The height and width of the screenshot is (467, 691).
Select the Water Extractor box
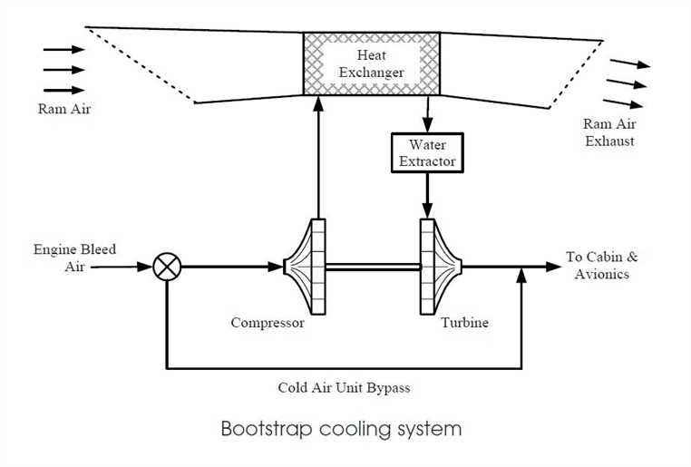point(426,153)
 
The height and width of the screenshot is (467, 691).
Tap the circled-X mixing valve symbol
point(167,268)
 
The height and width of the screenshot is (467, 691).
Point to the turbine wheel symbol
point(440,267)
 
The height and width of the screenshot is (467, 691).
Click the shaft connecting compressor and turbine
point(373,267)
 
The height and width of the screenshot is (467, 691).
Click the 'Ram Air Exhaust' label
point(608,133)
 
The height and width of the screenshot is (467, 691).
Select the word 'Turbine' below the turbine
point(465,323)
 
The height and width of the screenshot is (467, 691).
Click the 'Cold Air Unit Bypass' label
point(344,388)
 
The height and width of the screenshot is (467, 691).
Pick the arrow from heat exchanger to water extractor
point(426,114)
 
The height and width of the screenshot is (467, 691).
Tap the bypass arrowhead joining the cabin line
point(521,275)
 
